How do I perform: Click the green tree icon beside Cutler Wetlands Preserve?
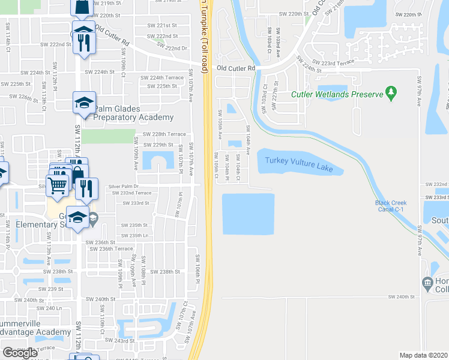pyautogui.click(x=392, y=92)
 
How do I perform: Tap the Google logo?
pyautogui.click(x=20, y=352)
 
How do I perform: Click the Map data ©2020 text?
pyautogui.click(x=423, y=355)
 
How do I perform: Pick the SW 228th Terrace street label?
pyautogui.click(x=164, y=134)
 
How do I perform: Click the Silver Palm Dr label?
pyautogui.click(x=124, y=187)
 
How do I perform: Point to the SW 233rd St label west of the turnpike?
pyautogui.click(x=135, y=203)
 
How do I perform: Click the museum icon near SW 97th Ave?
pyautogui.click(x=427, y=282)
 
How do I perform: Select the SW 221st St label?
pyautogui.click(x=163, y=26)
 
